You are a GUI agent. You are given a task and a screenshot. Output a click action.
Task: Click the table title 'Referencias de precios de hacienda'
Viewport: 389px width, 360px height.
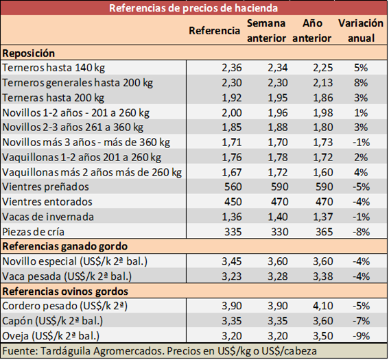click(x=193, y=8)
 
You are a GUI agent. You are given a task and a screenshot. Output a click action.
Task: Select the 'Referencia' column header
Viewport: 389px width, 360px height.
click(x=215, y=30)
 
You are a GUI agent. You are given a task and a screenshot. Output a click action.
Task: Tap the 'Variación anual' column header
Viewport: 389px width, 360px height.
click(x=361, y=30)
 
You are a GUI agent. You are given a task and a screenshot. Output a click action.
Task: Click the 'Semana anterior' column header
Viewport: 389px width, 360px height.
click(x=266, y=30)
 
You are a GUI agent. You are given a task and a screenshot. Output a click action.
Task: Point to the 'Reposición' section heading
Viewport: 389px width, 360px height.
click(x=29, y=53)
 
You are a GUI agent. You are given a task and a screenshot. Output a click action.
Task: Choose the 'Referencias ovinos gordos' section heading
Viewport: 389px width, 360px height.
click(x=65, y=291)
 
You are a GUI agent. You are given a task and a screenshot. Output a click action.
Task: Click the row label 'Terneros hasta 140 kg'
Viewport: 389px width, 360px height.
click(x=54, y=68)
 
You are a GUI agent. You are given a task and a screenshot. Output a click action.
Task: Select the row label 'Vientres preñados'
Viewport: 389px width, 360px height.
click(x=45, y=187)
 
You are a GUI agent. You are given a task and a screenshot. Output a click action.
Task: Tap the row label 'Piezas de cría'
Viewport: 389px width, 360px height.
click(x=33, y=232)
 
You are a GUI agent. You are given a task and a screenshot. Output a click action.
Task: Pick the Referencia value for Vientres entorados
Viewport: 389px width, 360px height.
click(x=233, y=202)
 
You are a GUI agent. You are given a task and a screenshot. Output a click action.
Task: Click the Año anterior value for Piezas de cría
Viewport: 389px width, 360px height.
click(x=324, y=232)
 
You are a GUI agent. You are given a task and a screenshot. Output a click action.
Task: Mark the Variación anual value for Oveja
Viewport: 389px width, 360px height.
click(x=361, y=336)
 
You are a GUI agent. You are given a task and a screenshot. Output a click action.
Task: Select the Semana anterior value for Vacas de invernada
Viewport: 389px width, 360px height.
click(x=278, y=217)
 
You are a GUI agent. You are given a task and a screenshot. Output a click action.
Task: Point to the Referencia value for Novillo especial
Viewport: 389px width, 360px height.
click(x=232, y=261)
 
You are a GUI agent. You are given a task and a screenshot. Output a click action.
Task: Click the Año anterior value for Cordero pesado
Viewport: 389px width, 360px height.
click(x=322, y=306)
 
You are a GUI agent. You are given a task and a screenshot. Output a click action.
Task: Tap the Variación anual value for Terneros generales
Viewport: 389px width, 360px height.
click(x=361, y=83)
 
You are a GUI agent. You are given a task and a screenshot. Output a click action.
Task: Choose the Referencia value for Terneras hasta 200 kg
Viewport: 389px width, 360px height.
click(x=232, y=97)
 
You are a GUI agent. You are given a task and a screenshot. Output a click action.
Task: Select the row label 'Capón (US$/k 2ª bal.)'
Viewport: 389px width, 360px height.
click(x=52, y=321)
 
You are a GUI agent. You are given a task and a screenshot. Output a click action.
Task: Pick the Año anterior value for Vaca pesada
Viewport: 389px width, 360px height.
click(x=322, y=276)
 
